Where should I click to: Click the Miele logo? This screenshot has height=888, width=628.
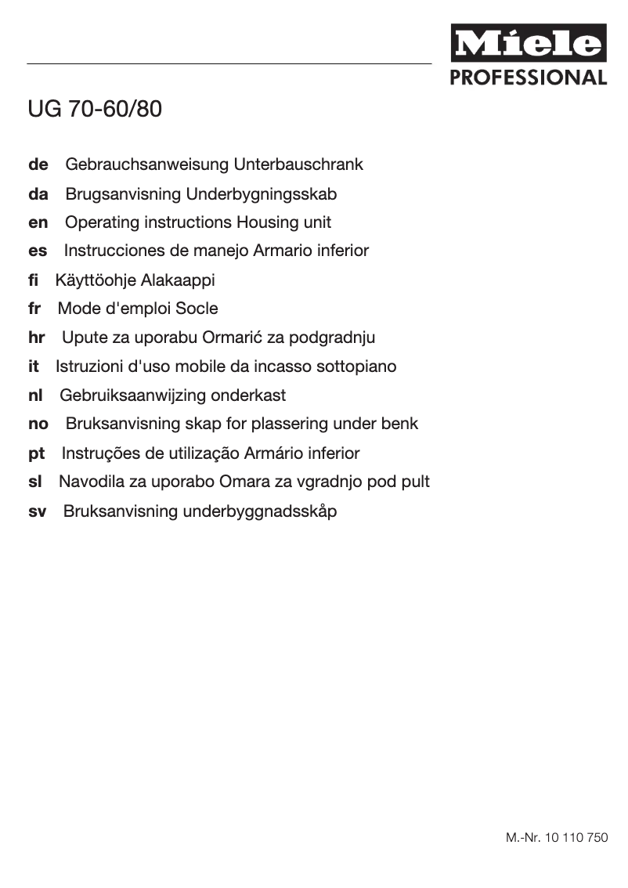(x=528, y=44)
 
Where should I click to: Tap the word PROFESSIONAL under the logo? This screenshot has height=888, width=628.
(x=528, y=78)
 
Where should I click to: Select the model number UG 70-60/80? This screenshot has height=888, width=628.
(x=95, y=109)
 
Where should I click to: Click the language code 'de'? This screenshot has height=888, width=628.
(x=38, y=165)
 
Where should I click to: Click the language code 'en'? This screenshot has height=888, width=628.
(x=38, y=222)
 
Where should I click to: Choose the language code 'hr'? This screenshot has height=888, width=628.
(x=37, y=338)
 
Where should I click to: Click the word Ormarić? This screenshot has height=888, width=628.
(x=232, y=338)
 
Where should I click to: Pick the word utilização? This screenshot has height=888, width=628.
(x=203, y=453)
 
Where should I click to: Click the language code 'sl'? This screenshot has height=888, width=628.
(x=34, y=482)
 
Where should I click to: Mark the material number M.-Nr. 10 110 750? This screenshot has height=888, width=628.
(x=556, y=838)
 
